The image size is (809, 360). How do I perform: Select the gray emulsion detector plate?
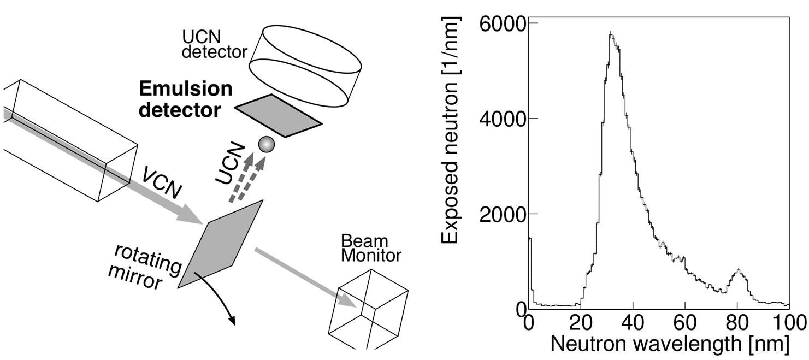278,115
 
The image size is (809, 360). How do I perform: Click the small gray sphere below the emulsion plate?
266,144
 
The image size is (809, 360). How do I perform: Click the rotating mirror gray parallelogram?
221,243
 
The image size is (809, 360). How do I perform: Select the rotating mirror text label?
146,266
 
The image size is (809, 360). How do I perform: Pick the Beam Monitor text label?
371,248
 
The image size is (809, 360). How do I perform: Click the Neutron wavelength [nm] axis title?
669,344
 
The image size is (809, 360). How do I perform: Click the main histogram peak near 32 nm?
611,34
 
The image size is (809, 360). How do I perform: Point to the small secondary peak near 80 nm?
739,270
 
